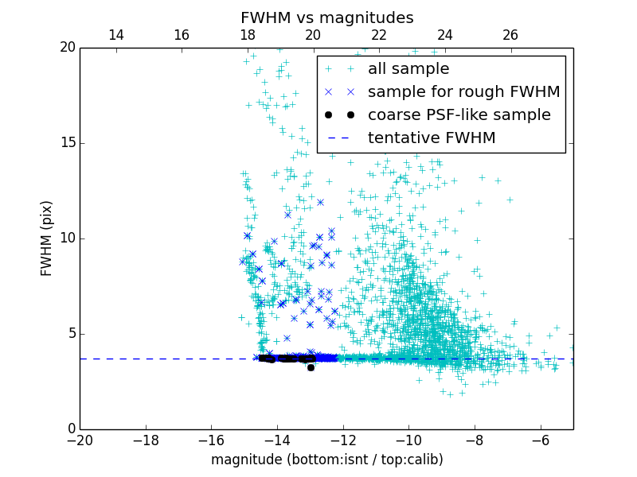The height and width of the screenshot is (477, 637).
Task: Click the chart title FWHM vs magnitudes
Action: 326,17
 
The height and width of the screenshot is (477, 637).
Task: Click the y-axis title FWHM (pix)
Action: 47,238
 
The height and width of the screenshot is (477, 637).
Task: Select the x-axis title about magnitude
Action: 326,460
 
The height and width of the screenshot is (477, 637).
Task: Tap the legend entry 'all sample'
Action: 408,69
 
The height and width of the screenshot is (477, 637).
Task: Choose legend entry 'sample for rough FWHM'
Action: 463,92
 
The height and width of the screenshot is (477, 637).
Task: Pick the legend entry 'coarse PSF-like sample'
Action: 459,115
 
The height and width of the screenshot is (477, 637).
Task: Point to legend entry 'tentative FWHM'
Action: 432,138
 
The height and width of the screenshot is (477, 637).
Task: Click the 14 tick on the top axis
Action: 115,35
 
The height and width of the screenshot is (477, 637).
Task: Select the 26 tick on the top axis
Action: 510,35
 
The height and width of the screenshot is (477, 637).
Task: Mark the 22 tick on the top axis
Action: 379,35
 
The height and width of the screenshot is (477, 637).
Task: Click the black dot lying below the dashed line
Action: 311,367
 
